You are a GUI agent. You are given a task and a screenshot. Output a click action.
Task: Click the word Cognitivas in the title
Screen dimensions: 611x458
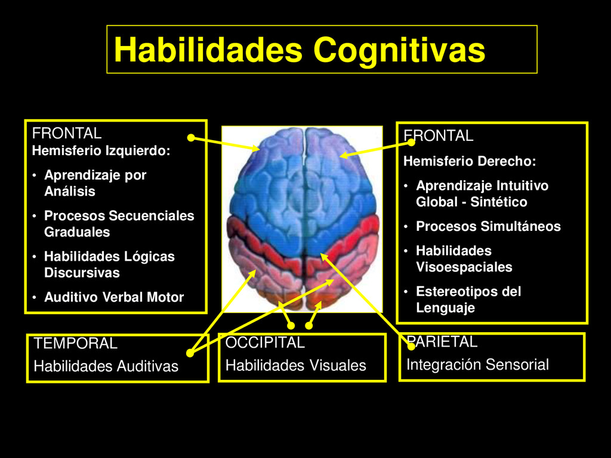tap(399, 50)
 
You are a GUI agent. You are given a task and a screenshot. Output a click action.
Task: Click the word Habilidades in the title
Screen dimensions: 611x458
tap(208, 50)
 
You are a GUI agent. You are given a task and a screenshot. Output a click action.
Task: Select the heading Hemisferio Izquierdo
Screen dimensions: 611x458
tap(101, 151)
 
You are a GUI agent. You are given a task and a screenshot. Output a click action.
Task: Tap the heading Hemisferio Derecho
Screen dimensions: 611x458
tap(470, 161)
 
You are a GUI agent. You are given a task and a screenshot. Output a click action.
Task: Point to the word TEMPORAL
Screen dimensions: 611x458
tap(76, 343)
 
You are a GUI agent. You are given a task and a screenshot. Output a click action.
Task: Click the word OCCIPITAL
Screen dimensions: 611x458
tap(265, 343)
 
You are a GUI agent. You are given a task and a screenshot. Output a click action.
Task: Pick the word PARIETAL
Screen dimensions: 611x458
tap(442, 342)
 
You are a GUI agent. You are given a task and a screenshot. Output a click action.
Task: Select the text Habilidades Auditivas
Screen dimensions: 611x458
tap(106, 366)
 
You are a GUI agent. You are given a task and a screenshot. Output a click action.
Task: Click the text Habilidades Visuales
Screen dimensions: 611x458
tap(296, 366)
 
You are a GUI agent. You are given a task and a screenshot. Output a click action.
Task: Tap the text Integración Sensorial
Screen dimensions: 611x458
tap(477, 365)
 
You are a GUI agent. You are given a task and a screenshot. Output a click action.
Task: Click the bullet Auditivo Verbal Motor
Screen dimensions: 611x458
tap(114, 297)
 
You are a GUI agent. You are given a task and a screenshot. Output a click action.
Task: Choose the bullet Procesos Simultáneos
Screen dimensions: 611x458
tap(488, 227)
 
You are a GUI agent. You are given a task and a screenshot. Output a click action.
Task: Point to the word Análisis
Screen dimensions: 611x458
tap(69, 191)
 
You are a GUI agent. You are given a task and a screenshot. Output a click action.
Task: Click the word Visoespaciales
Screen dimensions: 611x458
tap(464, 267)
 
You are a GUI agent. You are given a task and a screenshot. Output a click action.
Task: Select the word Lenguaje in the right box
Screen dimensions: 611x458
tap(445, 308)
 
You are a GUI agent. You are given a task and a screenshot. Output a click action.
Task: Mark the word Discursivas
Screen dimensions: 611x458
tap(82, 273)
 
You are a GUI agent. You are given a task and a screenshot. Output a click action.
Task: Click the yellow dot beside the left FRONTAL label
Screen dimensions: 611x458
tap(190, 138)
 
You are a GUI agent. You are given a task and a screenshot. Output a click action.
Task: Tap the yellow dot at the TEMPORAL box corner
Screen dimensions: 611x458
tap(190, 352)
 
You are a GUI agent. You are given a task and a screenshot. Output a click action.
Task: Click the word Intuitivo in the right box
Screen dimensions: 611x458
tap(522, 185)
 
